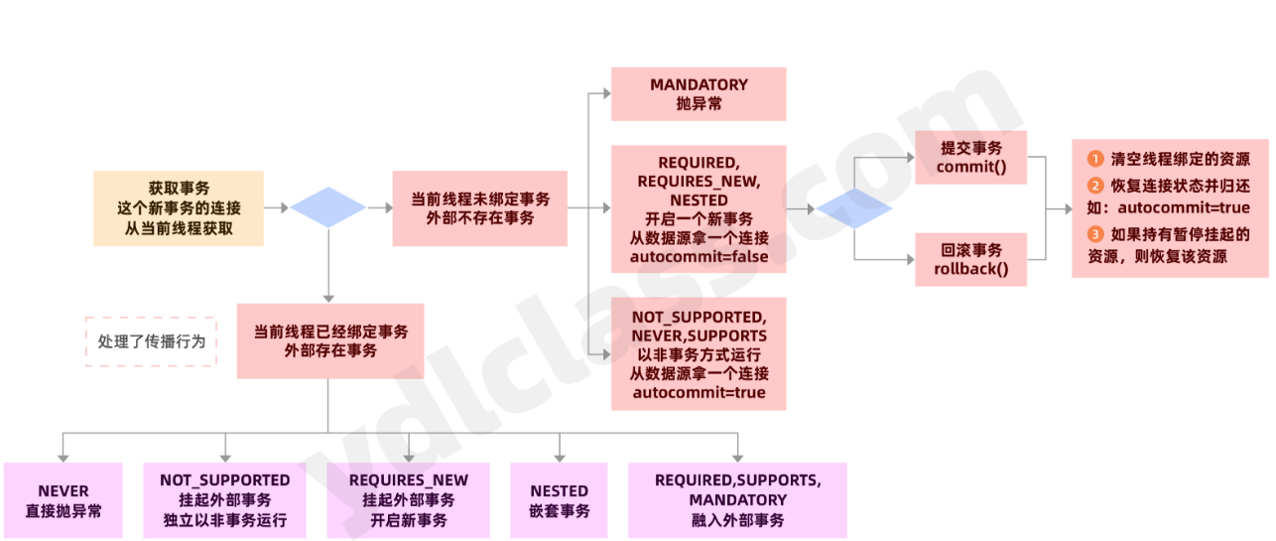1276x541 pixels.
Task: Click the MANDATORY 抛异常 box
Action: tap(698, 94)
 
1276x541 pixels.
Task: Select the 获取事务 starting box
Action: tap(179, 208)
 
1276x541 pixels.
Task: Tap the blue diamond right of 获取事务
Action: tap(328, 207)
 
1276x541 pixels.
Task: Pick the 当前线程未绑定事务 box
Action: tap(479, 208)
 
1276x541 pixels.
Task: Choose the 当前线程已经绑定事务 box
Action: tap(330, 340)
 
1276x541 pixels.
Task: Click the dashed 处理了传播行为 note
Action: tap(151, 340)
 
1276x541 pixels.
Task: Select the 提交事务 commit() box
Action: tap(970, 157)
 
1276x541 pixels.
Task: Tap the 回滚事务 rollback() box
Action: tap(970, 259)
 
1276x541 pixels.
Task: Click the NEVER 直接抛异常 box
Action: tap(64, 501)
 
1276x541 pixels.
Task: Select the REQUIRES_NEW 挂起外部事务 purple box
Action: tap(408, 501)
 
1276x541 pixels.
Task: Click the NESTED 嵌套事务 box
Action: tap(559, 501)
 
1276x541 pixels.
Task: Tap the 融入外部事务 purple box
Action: tap(737, 501)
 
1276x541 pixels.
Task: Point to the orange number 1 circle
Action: tap(1095, 159)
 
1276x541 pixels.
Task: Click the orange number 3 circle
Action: tap(1095, 234)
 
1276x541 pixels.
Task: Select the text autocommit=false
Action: tap(699, 257)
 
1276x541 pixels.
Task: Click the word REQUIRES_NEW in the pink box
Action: tap(699, 181)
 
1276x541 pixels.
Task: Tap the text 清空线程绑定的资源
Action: tap(1180, 159)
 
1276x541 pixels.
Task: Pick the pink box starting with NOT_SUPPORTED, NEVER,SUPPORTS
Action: tap(699, 353)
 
